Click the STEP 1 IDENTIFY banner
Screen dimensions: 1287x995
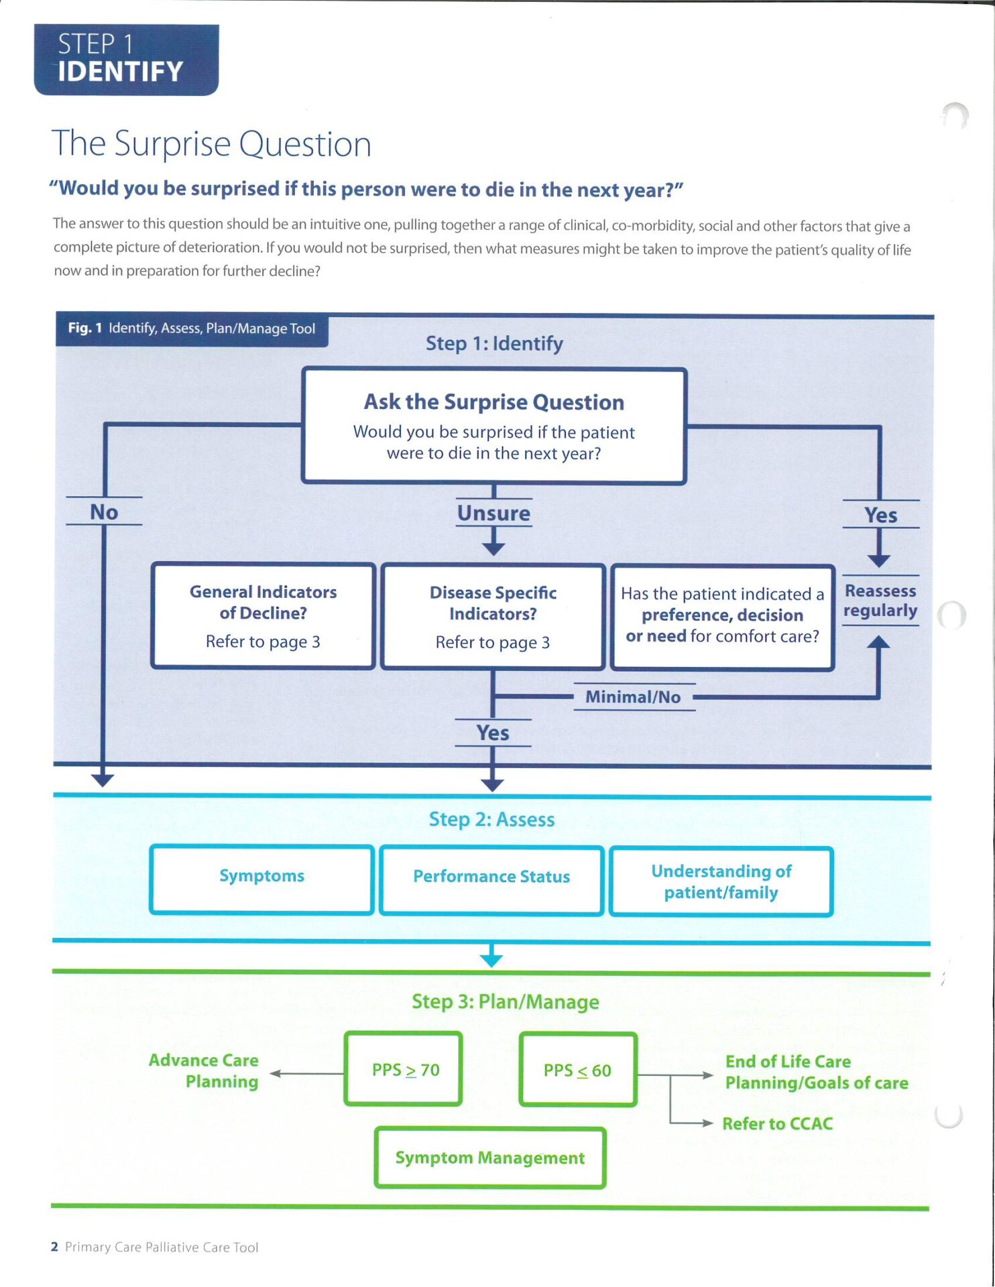pos(126,59)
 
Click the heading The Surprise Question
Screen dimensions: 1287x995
pos(211,143)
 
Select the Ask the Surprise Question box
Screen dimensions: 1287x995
pos(494,426)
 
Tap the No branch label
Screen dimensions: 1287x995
pos(104,511)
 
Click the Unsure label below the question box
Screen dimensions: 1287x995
pos(494,513)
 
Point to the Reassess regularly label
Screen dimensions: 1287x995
pos(880,601)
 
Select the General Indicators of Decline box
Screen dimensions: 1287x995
pos(263,615)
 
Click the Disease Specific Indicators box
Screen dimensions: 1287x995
pos(493,617)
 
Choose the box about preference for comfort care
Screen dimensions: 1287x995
pos(722,617)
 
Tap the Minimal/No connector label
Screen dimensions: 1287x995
pos(633,697)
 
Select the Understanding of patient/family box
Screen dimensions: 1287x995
pos(721,881)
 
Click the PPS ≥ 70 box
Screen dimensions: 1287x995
pos(404,1069)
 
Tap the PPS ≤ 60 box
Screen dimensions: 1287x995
pos(577,1070)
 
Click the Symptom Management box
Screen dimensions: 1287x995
pos(490,1158)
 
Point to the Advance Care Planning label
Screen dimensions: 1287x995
pos(204,1070)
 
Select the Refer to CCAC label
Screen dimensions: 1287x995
pos(777,1123)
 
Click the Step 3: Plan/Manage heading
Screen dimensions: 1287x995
pos(505,1001)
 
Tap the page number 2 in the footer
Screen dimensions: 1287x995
pos(54,1247)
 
